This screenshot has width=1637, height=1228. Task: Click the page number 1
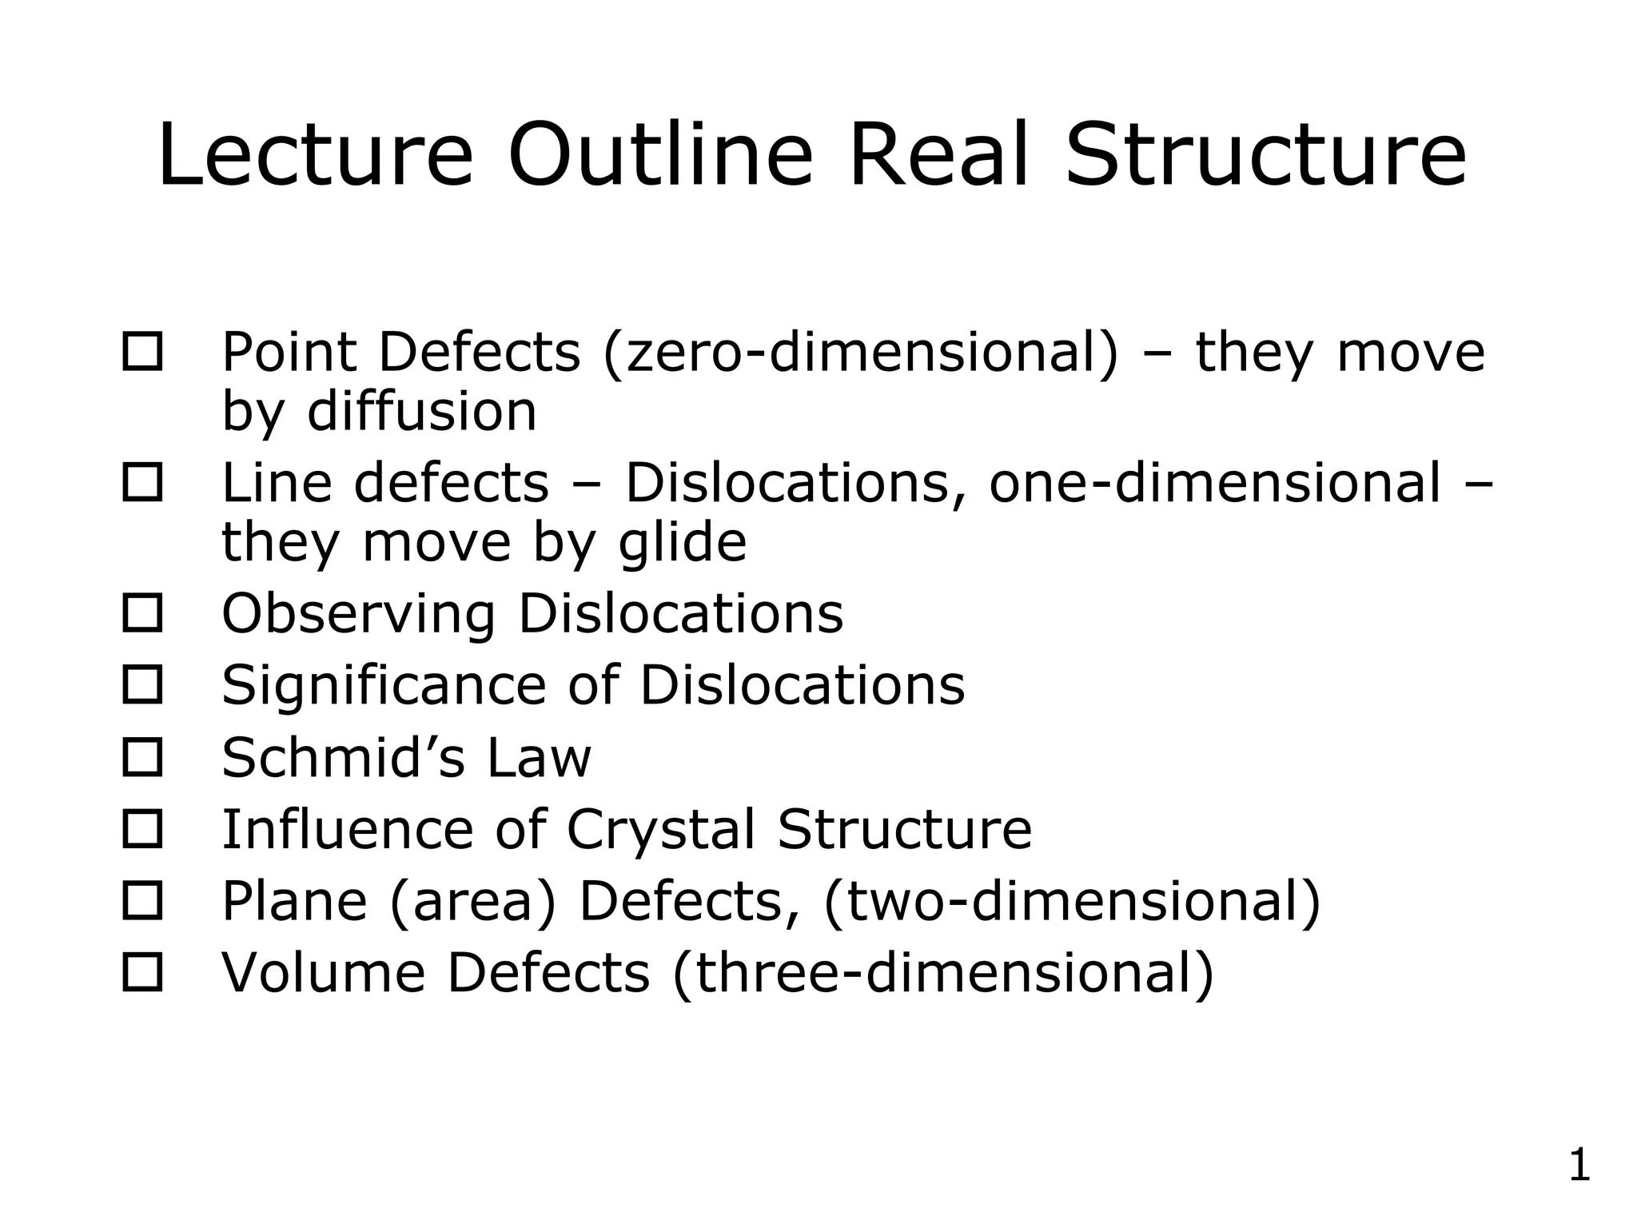click(x=1579, y=1165)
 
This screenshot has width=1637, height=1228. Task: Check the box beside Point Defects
click(x=142, y=352)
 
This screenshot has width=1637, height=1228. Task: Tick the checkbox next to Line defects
click(x=142, y=483)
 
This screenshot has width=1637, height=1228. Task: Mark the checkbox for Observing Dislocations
click(x=142, y=613)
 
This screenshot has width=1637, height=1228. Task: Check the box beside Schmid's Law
click(x=142, y=757)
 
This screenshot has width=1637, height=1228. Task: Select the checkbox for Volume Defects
click(x=142, y=972)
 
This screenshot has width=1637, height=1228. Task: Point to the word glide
click(x=683, y=542)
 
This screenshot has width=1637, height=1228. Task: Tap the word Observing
click(x=358, y=614)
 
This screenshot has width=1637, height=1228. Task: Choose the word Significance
click(x=384, y=685)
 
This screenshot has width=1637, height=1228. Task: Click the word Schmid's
click(x=343, y=757)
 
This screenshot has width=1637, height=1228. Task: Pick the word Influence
click(x=347, y=829)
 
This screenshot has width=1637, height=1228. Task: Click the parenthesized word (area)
click(x=472, y=901)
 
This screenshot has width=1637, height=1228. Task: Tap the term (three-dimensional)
click(x=943, y=973)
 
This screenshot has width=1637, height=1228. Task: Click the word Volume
click(x=323, y=973)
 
